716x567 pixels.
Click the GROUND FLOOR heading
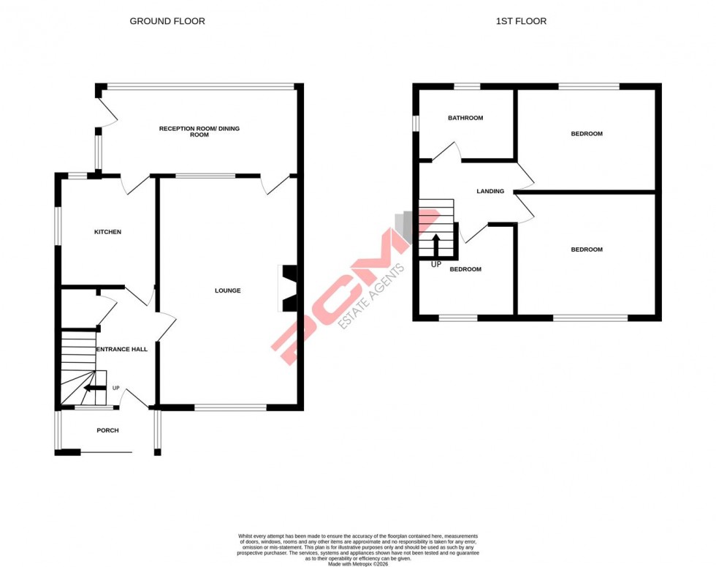coord(167,21)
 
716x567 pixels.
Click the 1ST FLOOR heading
coord(521,21)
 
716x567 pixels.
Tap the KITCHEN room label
coord(107,232)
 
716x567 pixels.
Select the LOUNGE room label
coord(227,290)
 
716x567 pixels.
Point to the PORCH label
coord(107,430)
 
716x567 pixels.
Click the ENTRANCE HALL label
coord(122,350)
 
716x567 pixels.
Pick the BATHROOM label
coord(465,118)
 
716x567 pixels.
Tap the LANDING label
coord(490,192)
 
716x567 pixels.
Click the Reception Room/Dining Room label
coord(199,132)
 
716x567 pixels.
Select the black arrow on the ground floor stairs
coord(94,388)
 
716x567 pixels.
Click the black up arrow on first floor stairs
coord(436,244)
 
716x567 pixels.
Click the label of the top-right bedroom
coord(587,134)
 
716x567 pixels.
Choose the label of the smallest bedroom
coord(465,269)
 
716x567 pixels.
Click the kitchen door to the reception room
coord(134,184)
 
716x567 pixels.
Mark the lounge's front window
coord(230,407)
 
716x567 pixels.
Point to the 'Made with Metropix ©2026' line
coord(358,564)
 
